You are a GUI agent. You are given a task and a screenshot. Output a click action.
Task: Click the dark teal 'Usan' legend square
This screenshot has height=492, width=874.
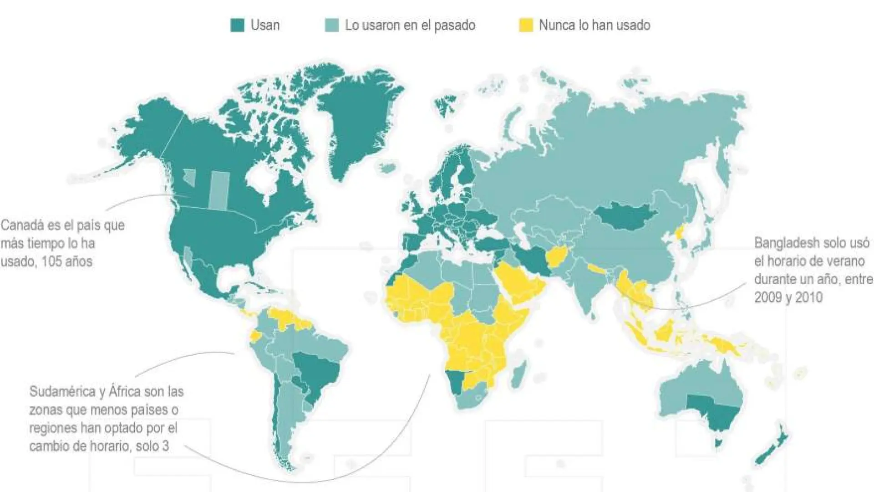click(237, 25)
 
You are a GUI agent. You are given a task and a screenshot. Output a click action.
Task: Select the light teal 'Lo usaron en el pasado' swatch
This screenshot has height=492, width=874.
click(331, 25)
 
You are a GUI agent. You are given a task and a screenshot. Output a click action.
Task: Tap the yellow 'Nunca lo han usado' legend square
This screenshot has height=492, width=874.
click(526, 25)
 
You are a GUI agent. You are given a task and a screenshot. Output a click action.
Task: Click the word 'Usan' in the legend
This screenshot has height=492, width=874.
click(265, 25)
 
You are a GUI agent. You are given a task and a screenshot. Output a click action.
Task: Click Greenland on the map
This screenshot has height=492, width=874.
click(360, 118)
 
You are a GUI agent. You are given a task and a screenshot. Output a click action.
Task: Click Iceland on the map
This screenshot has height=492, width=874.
click(387, 167)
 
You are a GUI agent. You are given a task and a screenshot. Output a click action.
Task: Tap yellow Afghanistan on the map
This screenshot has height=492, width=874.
click(558, 257)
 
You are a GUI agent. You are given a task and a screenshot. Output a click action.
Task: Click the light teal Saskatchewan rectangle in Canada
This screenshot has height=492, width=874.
click(219, 190)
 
